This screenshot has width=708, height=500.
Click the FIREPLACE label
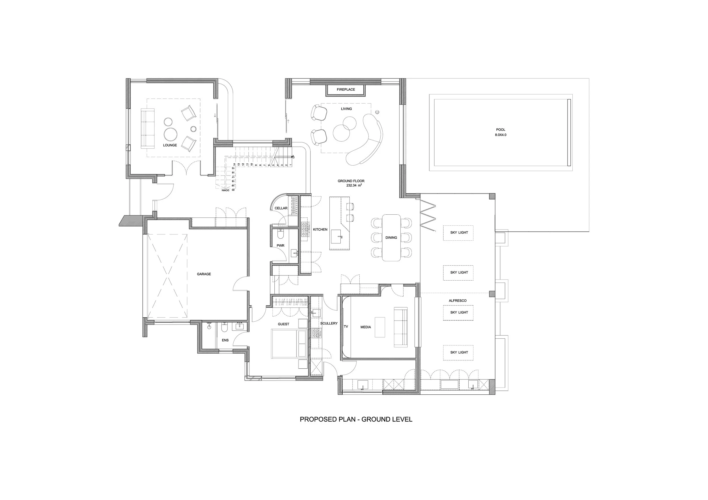coord(346,89)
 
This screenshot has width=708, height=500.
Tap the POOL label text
coord(500,130)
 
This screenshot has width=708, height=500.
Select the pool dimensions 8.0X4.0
coord(500,135)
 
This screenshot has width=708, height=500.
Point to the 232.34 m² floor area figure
coord(354,185)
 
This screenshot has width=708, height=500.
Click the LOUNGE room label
coord(170,145)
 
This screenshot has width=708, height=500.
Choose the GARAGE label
coord(204,274)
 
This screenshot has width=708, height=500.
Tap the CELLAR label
coord(281,208)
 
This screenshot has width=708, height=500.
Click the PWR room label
coord(280,246)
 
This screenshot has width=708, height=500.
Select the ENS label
coord(225,340)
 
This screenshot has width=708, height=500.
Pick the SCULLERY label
coord(329,323)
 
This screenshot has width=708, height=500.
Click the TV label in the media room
coord(346,326)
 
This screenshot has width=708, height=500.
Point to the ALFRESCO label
coord(458,301)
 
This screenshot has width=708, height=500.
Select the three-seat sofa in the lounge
coord(147,129)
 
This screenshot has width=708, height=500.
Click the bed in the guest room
coord(289,344)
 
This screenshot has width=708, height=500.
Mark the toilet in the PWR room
coord(280,235)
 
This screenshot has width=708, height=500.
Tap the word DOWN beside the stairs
coord(225,190)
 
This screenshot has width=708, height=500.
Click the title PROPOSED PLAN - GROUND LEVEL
coord(356,419)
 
